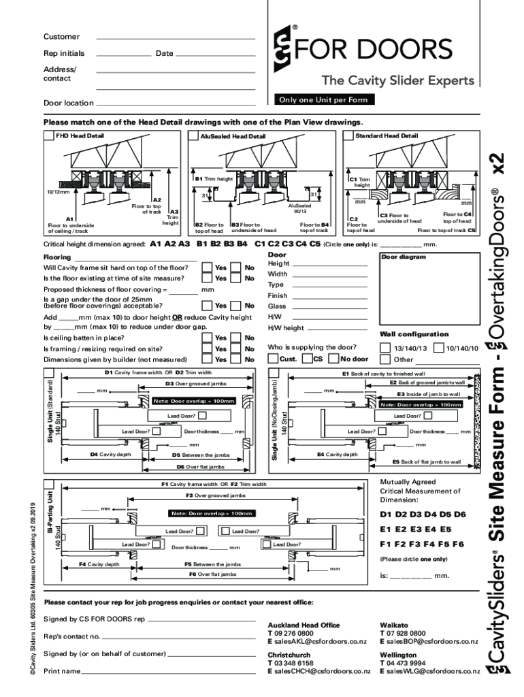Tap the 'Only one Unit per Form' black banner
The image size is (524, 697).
coord(323,100)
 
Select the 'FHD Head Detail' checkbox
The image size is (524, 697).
coord(49,136)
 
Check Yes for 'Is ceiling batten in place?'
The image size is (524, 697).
coord(206,338)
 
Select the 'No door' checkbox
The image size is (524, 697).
coord(333,359)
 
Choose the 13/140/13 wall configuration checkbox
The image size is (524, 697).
coord(386,348)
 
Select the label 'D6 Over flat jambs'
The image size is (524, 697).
coord(200,467)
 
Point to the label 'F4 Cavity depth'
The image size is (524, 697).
coord(99,564)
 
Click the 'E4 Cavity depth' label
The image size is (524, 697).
coord(337,454)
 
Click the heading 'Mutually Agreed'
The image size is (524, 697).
coord(408,482)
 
